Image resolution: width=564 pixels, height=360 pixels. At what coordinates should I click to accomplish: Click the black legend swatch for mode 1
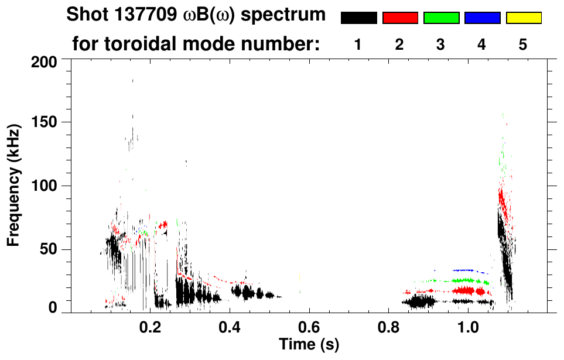tap(358, 18)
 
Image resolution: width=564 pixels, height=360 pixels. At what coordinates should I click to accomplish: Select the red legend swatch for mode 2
tap(400, 18)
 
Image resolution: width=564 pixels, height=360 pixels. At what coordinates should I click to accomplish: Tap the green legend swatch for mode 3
tap(441, 18)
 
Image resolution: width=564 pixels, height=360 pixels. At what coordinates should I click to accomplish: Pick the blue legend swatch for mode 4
tap(482, 18)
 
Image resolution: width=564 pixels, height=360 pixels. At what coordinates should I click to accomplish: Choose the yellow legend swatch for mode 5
tap(523, 18)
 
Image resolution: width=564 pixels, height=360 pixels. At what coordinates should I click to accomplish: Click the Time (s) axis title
tap(309, 344)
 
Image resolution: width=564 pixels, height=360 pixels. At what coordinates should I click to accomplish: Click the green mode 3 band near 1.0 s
tap(463, 280)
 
